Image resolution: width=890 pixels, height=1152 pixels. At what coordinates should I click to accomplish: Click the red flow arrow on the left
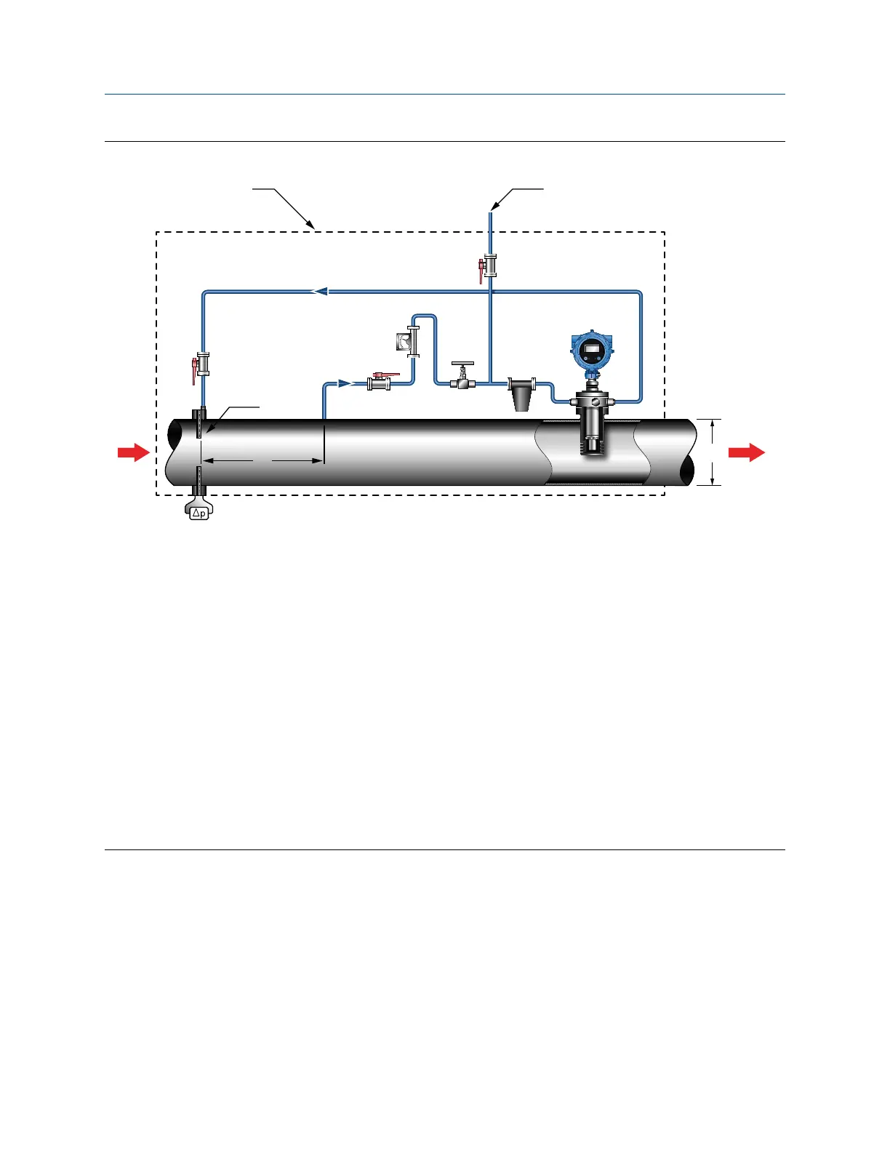click(x=133, y=453)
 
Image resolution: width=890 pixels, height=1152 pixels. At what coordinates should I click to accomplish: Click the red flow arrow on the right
click(x=747, y=453)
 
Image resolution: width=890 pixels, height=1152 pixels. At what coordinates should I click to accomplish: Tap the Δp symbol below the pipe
click(x=198, y=513)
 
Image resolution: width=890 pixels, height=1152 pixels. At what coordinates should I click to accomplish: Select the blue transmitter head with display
click(x=590, y=353)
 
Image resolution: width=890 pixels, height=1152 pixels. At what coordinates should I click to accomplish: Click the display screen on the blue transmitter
click(x=590, y=351)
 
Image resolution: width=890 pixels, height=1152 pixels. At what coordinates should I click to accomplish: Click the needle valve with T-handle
click(x=462, y=376)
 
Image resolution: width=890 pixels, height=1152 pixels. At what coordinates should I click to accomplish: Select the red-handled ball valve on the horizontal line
click(x=380, y=381)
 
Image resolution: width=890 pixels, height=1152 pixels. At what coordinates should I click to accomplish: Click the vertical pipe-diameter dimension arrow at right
click(x=712, y=452)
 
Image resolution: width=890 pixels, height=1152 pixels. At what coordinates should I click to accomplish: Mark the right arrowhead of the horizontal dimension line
click(x=317, y=460)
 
